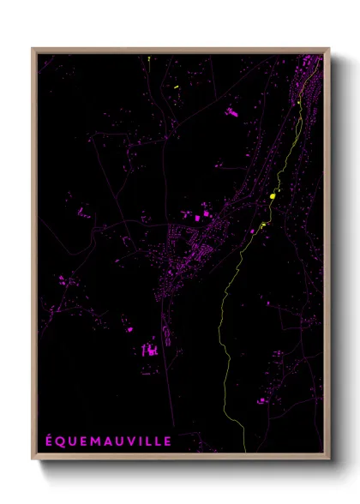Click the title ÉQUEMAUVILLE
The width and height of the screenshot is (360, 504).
click(109, 441)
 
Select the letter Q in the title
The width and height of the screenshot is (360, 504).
click(61, 441)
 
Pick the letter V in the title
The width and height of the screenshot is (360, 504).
click(132, 441)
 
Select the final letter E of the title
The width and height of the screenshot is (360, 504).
click(168, 441)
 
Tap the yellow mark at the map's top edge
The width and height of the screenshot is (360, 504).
click(148, 58)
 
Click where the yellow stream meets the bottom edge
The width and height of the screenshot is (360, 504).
click(245, 450)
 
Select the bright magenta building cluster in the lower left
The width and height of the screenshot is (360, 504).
click(150, 349)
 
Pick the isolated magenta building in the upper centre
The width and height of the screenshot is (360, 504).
click(231, 111)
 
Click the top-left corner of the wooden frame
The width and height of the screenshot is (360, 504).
click(33, 49)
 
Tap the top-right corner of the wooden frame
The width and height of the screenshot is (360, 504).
click(328, 49)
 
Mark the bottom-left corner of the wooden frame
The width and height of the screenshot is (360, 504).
click(33, 459)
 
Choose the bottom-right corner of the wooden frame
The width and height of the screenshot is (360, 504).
click(328, 459)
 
